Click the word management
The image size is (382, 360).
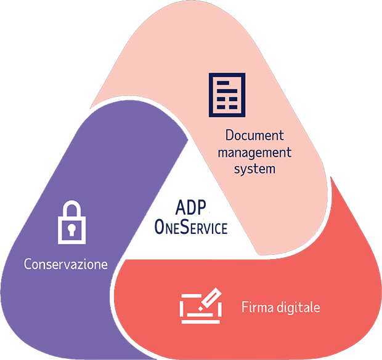[x=254, y=151]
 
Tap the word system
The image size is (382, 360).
[x=254, y=168]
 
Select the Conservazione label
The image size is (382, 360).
[x=66, y=265]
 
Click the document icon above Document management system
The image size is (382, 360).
[x=226, y=95]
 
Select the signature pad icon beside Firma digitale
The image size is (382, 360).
[x=200, y=305]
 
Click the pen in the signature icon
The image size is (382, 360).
[x=210, y=298]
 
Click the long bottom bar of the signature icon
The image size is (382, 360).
[x=198, y=320]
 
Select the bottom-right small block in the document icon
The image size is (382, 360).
[x=233, y=108]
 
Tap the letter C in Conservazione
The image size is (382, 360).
[x=28, y=265]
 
